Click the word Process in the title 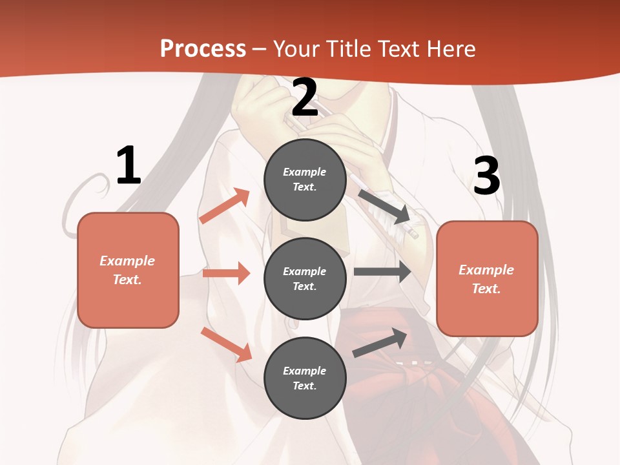tap(203, 49)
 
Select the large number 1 tap(128, 166)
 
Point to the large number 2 tap(305, 98)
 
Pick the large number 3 tap(486, 176)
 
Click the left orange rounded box tap(128, 270)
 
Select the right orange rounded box tap(487, 279)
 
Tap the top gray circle tap(305, 180)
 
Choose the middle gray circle tap(305, 279)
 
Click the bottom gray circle tap(305, 378)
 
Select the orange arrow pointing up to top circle tap(225, 206)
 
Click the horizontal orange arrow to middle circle tap(226, 274)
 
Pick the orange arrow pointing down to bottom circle tap(226, 344)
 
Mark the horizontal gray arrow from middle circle tap(382, 272)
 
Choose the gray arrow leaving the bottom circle tap(380, 343)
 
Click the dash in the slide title tap(260, 49)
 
